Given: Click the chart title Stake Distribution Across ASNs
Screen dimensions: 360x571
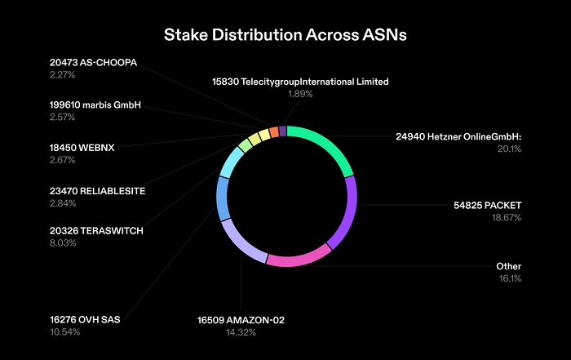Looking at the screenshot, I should coord(285,35).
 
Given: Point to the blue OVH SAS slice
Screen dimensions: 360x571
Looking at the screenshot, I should coord(223,198).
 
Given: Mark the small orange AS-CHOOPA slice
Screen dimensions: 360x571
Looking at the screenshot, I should coord(274,133).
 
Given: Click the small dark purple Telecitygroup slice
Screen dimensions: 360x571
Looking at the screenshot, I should coord(282,131).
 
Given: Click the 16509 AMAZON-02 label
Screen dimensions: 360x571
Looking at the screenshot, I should coord(241,319).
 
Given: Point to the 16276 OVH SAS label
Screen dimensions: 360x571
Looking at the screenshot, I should coord(84,319).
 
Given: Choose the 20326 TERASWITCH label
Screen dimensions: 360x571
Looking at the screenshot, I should coord(95,231).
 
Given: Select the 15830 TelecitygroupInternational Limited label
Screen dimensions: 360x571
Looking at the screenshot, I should coord(300,82).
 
